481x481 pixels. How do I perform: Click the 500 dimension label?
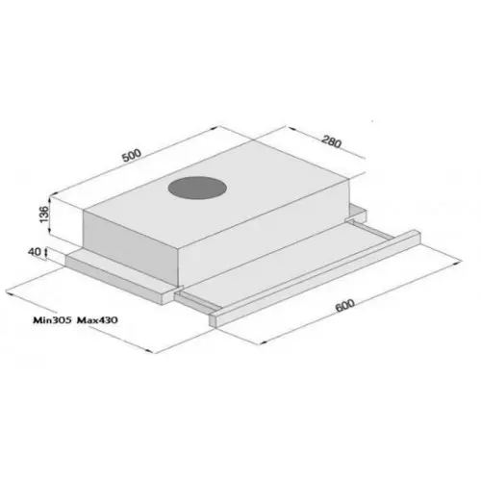pyautogui.click(x=132, y=155)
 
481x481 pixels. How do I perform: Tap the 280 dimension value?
pyautogui.click(x=332, y=142)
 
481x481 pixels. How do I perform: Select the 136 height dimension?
pyautogui.click(x=43, y=215)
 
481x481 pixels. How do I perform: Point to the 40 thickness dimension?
pyautogui.click(x=35, y=252)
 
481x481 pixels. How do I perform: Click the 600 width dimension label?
pyautogui.click(x=344, y=305)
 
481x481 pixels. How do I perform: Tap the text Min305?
pyautogui.click(x=52, y=320)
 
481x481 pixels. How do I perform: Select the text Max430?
pyautogui.click(x=97, y=320)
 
